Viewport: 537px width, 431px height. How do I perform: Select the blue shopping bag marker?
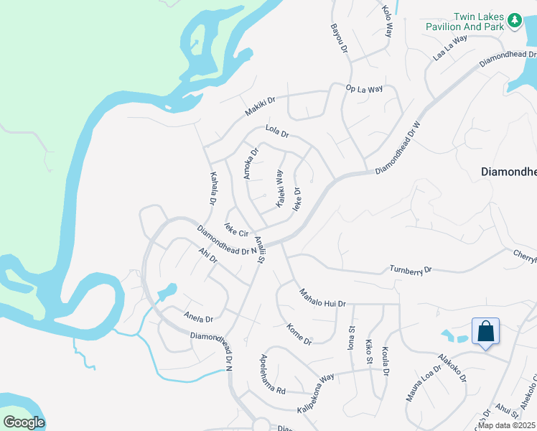click(485, 332)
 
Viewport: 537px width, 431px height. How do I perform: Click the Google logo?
click(24, 422)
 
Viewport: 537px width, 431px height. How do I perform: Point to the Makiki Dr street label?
click(260, 107)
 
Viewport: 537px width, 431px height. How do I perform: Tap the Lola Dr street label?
click(276, 132)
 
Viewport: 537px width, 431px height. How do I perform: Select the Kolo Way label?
click(388, 20)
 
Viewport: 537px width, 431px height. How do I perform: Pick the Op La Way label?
click(364, 89)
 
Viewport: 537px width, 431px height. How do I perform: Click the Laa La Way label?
click(450, 47)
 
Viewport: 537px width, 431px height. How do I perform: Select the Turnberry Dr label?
click(411, 269)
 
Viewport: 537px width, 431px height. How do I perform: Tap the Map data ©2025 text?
click(507, 425)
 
